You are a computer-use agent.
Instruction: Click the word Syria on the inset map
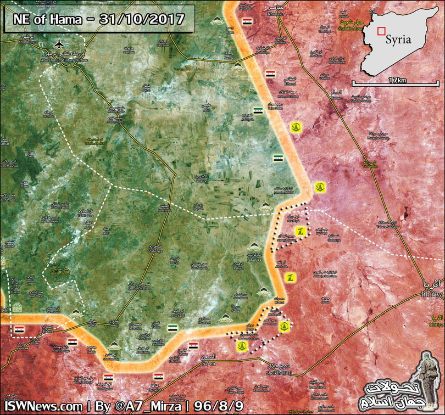pyautogui.click(x=398, y=40)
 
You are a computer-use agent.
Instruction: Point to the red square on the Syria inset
pyautogui.click(x=382, y=32)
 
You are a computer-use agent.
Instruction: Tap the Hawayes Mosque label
pyautogui.click(x=60, y=271)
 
